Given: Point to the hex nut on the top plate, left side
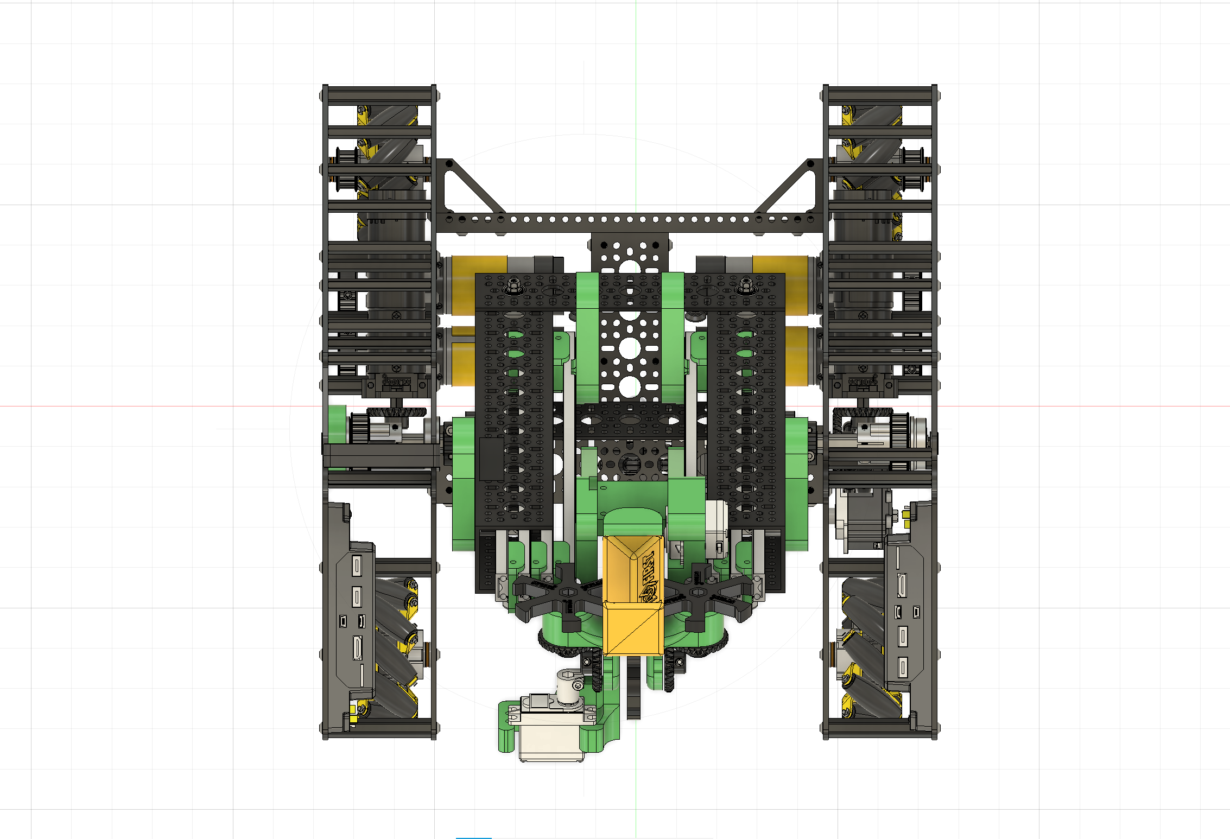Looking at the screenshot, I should pyautogui.click(x=512, y=285).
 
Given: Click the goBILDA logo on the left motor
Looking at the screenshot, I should pyautogui.click(x=396, y=381).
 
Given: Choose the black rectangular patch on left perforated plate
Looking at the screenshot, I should pyautogui.click(x=491, y=459).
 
